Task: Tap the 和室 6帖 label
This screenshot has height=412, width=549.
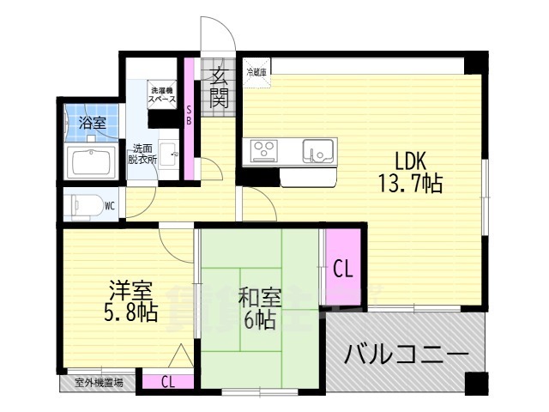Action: pos(258,310)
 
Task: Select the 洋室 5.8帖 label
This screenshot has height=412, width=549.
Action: pos(132,300)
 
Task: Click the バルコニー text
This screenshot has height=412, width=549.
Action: pos(407,354)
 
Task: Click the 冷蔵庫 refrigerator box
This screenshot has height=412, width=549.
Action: pos(256,72)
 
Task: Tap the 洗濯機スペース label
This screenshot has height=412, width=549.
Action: pos(162,94)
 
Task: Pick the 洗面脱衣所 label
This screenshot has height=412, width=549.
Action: pos(142,153)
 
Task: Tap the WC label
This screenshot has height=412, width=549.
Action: pos(110,206)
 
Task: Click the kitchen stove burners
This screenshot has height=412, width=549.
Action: pos(264,151)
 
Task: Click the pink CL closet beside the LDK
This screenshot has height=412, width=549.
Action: pos(341,268)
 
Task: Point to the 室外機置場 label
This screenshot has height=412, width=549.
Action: pos(98,383)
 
